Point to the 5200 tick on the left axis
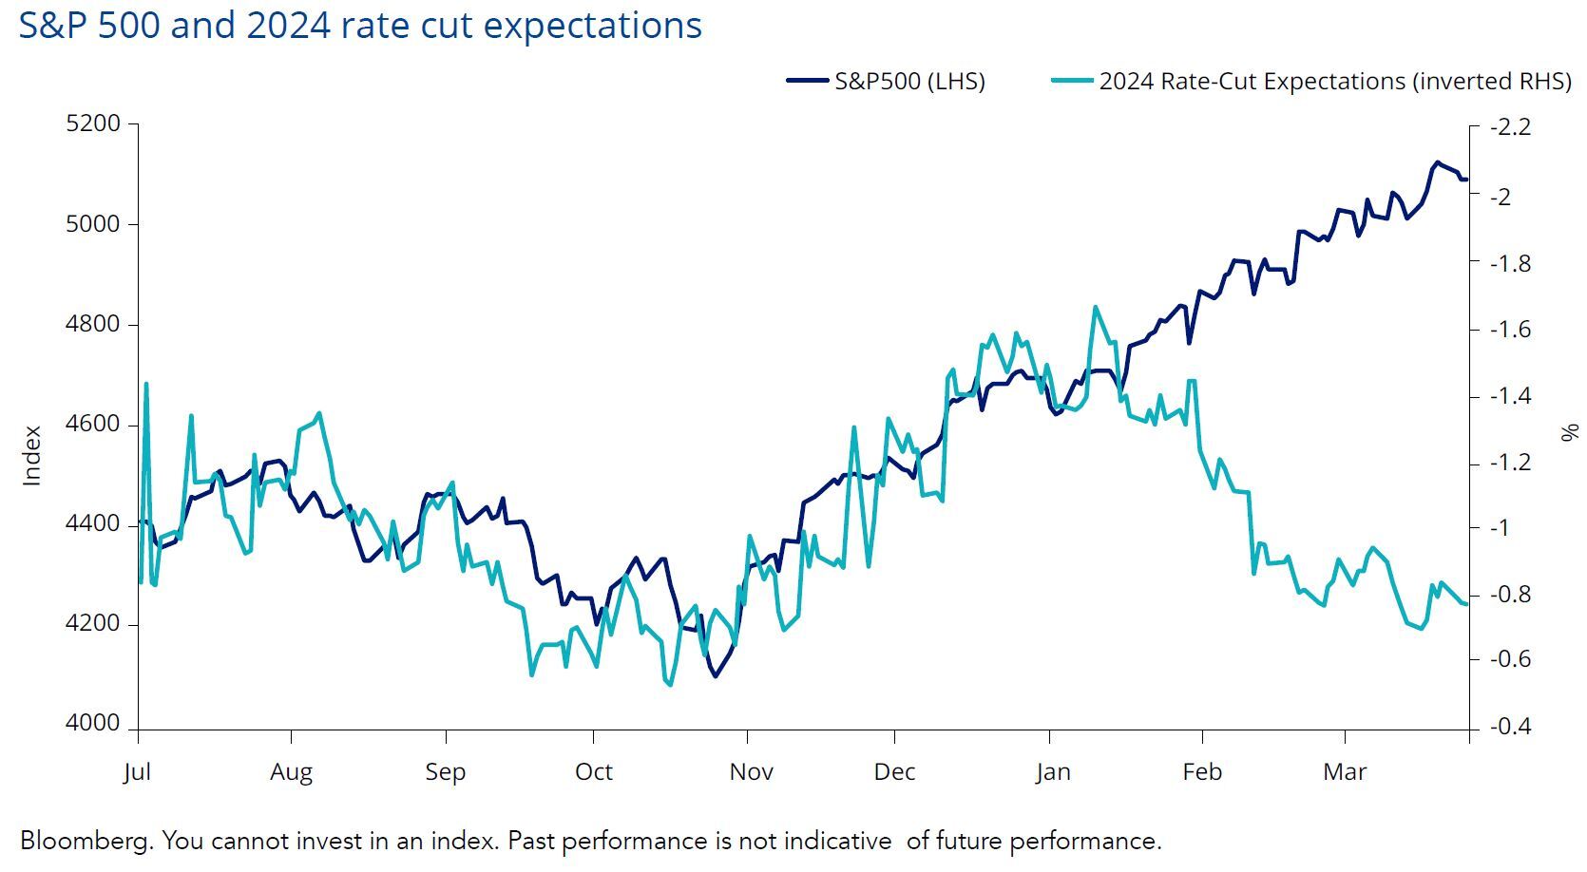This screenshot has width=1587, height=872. pos(93,123)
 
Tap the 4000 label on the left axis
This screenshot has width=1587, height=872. pos(93,724)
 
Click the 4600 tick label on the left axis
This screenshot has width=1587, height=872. pos(93,424)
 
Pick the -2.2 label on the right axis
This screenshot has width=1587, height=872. pos(1510,126)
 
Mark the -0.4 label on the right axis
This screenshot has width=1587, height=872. pos(1510,727)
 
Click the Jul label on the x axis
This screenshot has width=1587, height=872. pos(138,771)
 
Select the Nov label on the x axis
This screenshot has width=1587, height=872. pos(751,771)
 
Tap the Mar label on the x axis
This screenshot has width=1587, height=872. pos(1345,771)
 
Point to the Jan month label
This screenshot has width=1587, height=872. pos(1052,771)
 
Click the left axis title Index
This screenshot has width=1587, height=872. pos(32,456)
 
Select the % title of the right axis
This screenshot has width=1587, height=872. pos(1569,433)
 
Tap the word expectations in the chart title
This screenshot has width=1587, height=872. pos(593,26)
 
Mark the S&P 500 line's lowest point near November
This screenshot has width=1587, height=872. pos(715,676)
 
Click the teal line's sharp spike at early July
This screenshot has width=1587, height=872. pos(146,384)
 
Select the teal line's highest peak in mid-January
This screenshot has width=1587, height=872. pos(1096,307)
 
